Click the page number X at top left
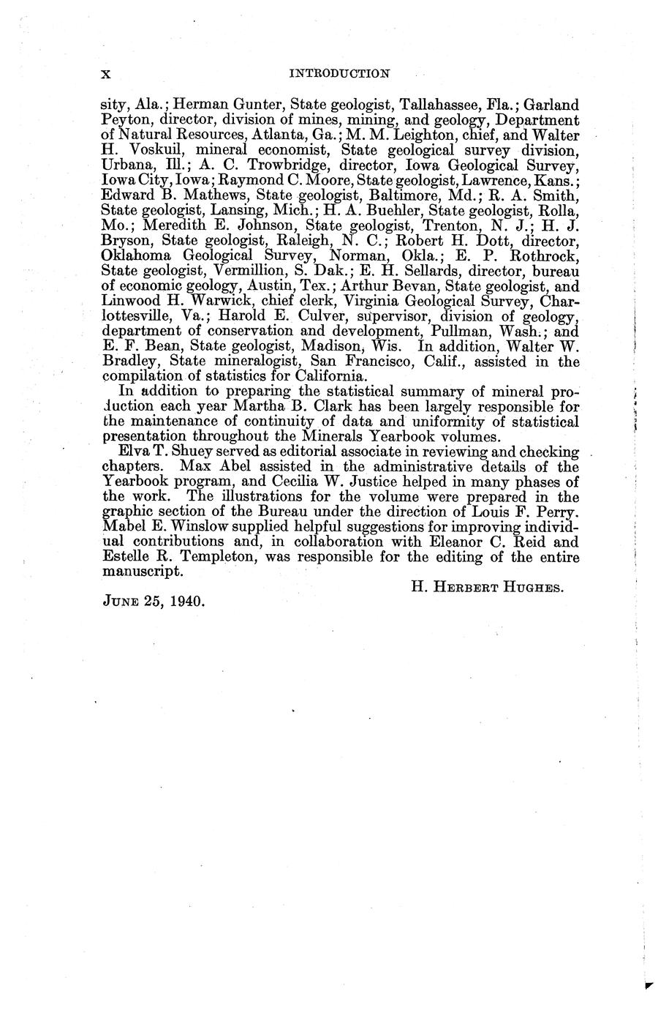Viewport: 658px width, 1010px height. [105, 73]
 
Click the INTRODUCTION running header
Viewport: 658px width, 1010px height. [339, 73]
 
